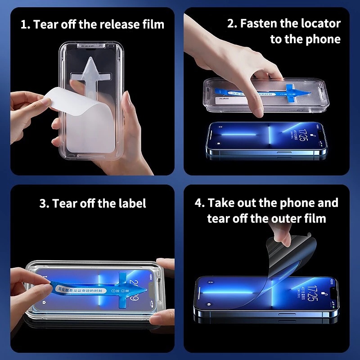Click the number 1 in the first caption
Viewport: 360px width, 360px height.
[23, 24]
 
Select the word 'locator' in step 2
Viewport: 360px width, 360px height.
[320, 23]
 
